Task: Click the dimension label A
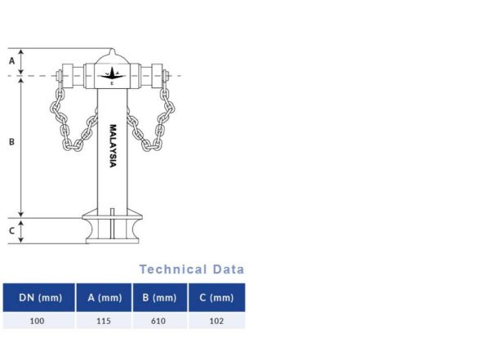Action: (11, 60)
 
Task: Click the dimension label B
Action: (11, 142)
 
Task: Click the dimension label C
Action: (11, 231)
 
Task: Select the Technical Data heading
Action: (191, 269)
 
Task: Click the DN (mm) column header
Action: (39, 298)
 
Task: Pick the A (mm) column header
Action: (104, 298)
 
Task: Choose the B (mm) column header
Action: (159, 298)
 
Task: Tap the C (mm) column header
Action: (216, 298)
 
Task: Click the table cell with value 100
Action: (39, 321)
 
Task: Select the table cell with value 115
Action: (104, 321)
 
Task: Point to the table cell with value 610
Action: (159, 321)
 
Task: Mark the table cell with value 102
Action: (216, 321)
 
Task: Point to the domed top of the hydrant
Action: (113, 56)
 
